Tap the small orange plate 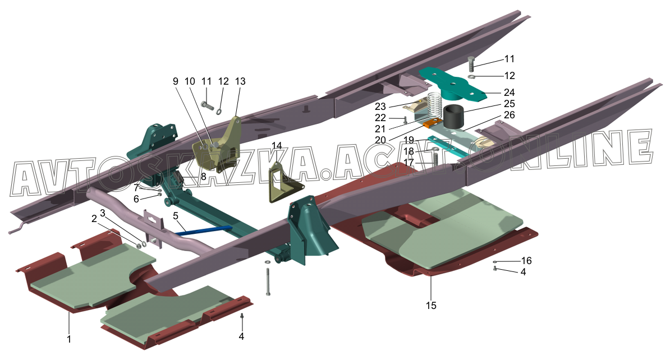point(431,123)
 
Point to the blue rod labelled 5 point(205,230)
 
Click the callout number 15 point(431,306)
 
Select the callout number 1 point(69,339)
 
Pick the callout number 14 point(277,146)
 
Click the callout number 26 point(509,114)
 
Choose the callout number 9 point(176,81)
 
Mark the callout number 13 point(240,81)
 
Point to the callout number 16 point(526,261)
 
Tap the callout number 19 point(409,140)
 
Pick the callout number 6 point(136,199)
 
